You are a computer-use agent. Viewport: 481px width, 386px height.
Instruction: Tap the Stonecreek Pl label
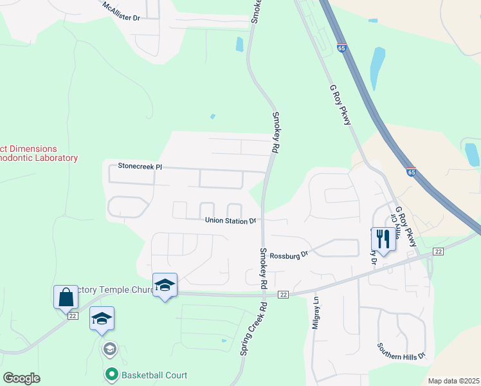tap(140, 167)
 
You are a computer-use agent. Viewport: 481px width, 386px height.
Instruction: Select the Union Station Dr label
tap(230, 221)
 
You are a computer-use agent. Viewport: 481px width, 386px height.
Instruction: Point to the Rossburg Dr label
tap(289, 255)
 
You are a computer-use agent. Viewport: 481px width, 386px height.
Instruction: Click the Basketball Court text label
tap(154, 375)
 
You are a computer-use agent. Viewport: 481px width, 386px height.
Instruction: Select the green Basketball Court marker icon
tap(111, 374)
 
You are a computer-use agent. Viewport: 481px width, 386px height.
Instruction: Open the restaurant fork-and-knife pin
tap(383, 240)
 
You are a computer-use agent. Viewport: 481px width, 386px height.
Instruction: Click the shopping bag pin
tap(66, 298)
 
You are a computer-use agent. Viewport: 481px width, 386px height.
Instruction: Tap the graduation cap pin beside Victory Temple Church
tap(165, 285)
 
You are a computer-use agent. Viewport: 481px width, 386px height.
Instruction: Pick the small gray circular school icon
tap(110, 349)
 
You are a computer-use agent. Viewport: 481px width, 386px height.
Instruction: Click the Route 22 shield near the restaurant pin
tap(438, 251)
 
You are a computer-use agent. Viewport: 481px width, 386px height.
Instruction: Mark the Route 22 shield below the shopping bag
tap(73, 316)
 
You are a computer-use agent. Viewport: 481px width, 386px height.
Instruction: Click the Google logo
tap(21, 378)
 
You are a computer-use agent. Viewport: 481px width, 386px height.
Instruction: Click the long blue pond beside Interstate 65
tap(377, 68)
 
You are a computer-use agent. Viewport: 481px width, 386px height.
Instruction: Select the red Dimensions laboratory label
tap(39, 153)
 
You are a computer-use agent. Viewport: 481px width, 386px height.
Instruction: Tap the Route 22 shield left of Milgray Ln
tap(282, 294)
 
